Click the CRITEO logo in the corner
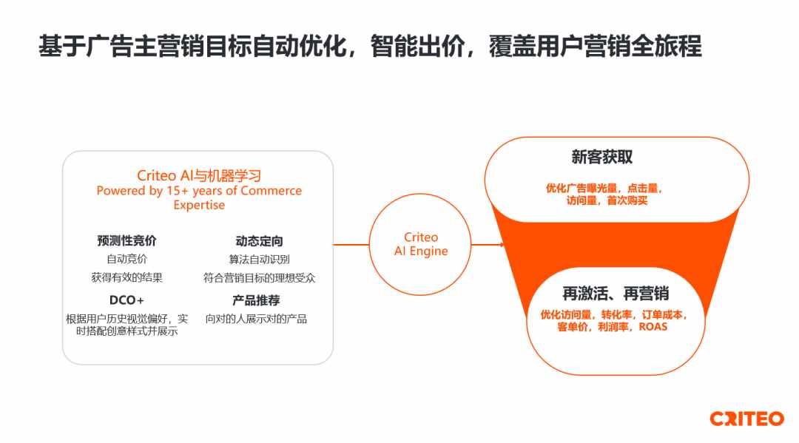pos(746,419)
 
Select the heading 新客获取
pos(601,157)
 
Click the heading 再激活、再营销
pos(616,294)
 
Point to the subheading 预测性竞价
pos(127,240)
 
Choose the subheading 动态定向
pos(260,241)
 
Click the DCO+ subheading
pos(127,300)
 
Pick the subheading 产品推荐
pos(256,300)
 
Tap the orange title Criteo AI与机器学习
pos(199,176)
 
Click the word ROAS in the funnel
pos(653,327)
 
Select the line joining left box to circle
pos(351,244)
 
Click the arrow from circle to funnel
pos(488,245)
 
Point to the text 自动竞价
pos(127,259)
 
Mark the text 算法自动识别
pos(260,260)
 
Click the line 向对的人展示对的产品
pos(256,319)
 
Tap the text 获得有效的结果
pos(127,277)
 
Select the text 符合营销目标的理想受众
pos(260,278)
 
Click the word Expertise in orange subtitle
pos(199,205)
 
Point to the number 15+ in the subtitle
pos(178,191)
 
